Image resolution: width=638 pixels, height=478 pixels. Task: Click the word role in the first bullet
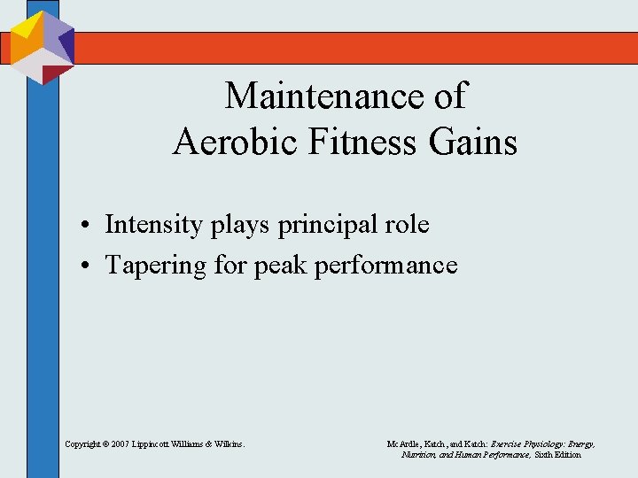pos(407,225)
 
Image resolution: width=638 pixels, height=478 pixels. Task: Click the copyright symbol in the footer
pos(105,443)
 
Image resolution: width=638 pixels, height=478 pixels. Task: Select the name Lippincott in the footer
pos(158,443)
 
